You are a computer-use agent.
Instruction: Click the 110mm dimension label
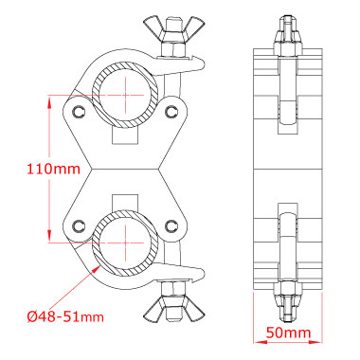53,169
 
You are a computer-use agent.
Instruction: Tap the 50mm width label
288,333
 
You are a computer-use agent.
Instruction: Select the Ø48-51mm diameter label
65,316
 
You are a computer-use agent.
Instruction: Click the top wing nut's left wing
153,27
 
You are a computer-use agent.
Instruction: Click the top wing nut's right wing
194,27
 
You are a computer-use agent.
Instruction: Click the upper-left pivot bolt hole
78,111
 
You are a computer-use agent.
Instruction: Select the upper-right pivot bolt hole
171,111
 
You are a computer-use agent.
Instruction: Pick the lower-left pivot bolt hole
78,225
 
